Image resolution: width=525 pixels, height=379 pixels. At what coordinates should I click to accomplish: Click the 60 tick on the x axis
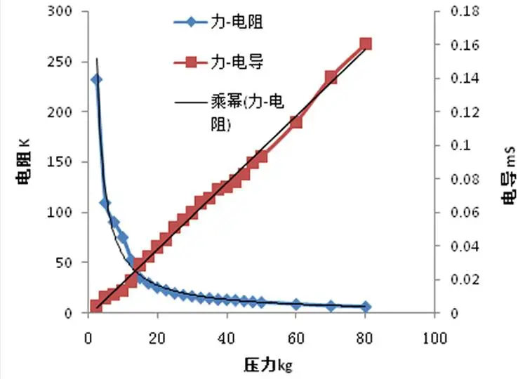(x=295, y=338)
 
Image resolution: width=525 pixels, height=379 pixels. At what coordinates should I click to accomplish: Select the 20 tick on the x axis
(x=157, y=338)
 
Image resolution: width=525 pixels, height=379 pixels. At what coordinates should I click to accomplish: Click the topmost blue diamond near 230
(x=96, y=79)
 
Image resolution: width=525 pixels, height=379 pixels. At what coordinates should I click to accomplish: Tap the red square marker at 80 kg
(x=365, y=44)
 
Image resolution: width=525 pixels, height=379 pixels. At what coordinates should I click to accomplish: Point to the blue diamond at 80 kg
(x=365, y=307)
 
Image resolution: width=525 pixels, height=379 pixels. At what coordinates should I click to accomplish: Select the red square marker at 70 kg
(x=331, y=77)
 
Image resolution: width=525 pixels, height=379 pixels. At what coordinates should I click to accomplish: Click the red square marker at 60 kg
(x=295, y=121)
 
